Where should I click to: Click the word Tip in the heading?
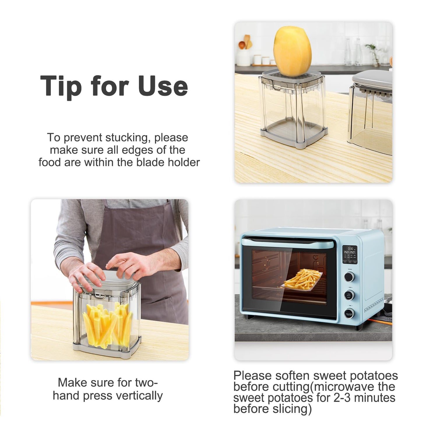pos(61,86)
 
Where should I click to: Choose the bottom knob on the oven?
pos(349,313)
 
